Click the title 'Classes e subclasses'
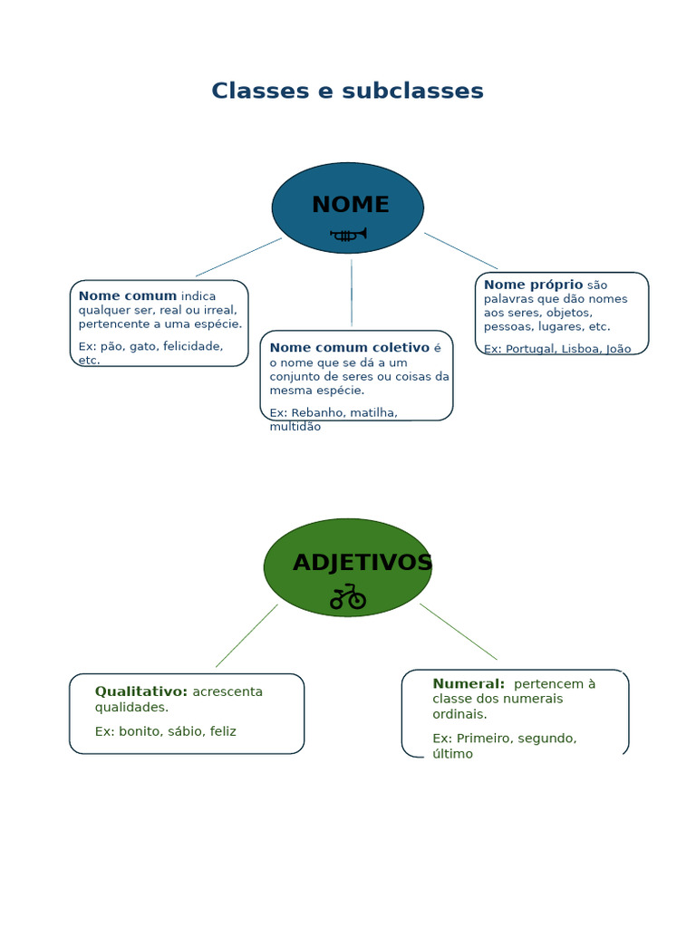click(x=347, y=92)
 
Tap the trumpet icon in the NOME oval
click(x=349, y=235)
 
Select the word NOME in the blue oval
click(x=350, y=205)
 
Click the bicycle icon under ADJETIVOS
click(x=347, y=597)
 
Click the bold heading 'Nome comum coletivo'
click(x=349, y=347)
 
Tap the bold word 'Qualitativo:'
click(x=141, y=691)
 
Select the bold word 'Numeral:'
click(x=469, y=684)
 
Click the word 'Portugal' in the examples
click(x=529, y=349)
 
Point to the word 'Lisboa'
click(x=581, y=349)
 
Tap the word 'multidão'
click(x=295, y=427)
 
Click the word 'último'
click(x=452, y=754)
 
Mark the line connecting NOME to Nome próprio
click(x=460, y=250)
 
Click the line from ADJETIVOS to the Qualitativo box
click(x=246, y=636)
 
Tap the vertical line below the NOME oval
click(x=352, y=292)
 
